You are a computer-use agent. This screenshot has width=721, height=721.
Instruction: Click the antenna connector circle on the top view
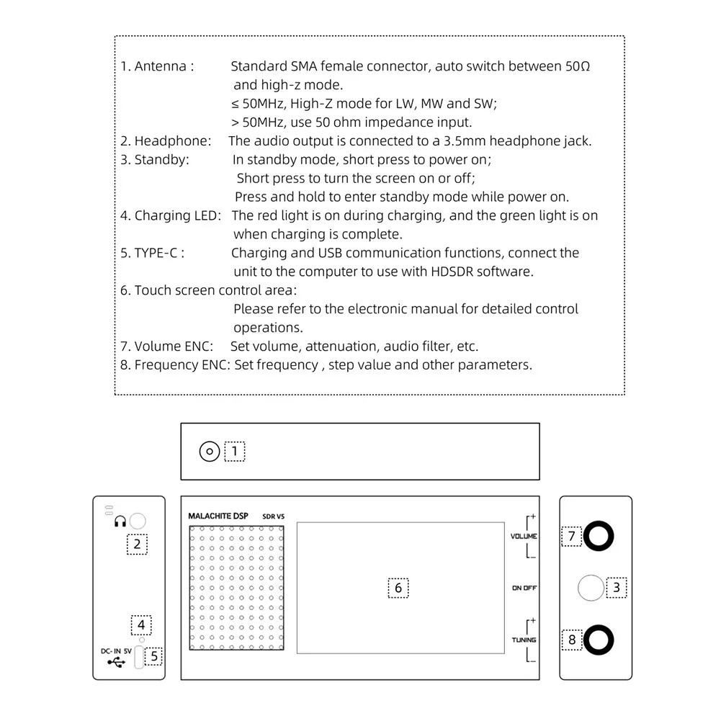click(209, 452)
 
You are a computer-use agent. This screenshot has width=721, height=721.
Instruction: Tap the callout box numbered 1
click(235, 452)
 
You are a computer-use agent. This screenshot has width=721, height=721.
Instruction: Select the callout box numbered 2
click(137, 544)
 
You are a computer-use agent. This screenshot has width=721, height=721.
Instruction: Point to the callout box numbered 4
click(141, 624)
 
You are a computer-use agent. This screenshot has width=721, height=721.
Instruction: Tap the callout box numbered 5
click(153, 656)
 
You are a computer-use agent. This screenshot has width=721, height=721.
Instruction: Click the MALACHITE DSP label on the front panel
click(218, 516)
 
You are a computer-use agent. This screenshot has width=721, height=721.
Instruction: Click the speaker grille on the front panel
click(236, 588)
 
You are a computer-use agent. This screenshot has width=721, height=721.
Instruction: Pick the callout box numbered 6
click(398, 588)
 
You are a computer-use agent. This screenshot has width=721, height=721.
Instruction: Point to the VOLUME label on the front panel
click(524, 536)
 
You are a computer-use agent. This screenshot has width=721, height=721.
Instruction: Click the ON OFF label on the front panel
click(524, 588)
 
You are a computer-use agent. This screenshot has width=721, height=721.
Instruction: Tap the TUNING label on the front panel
click(524, 640)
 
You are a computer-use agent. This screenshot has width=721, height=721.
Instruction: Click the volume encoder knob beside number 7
click(599, 536)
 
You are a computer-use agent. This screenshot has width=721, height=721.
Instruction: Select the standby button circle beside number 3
click(591, 588)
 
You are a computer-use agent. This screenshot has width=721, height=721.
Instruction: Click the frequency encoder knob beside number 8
click(599, 639)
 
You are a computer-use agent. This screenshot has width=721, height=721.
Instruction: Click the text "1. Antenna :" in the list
click(157, 66)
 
